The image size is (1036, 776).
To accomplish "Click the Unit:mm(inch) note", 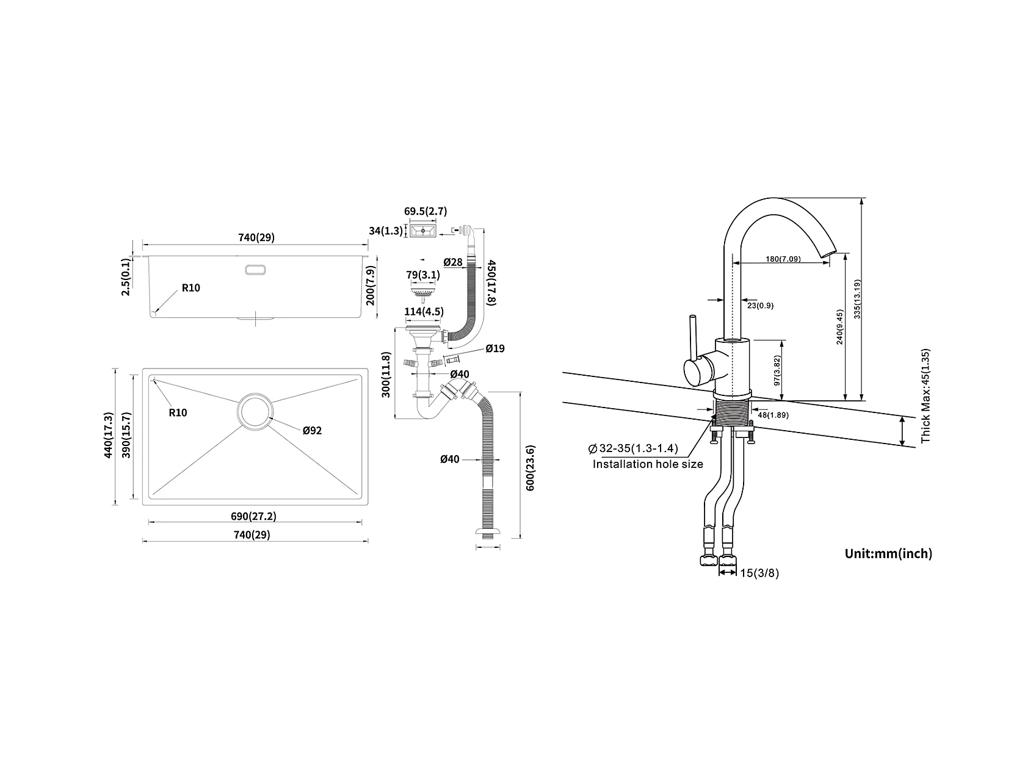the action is coord(888,554).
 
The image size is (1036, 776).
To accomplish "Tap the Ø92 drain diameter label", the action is coord(312,430).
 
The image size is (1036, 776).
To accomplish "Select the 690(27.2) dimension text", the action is coord(253,516).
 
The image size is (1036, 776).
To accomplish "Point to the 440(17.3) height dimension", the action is coord(109,436).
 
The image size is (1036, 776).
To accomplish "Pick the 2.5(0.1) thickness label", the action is coord(126,277).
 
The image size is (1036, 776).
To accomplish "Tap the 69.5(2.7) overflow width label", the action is coord(426,212).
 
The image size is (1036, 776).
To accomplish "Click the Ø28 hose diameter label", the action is coord(454,262).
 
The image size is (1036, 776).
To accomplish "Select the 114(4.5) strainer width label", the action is coord(424,312).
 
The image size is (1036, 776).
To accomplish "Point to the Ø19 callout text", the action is coord(495,349).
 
